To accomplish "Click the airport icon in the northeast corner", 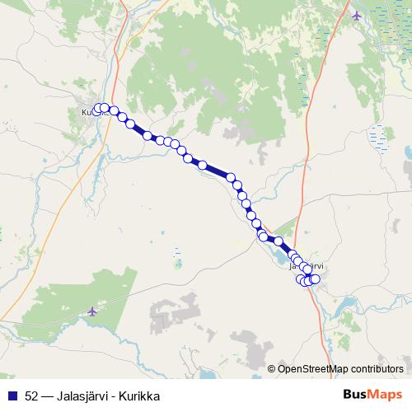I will point(356,15).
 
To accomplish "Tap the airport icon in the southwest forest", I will point(91,311).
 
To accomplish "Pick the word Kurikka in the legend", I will point(139,396).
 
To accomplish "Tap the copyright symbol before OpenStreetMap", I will point(273,368).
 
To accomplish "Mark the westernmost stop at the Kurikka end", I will point(97,109).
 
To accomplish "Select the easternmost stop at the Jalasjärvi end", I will point(315,279).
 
